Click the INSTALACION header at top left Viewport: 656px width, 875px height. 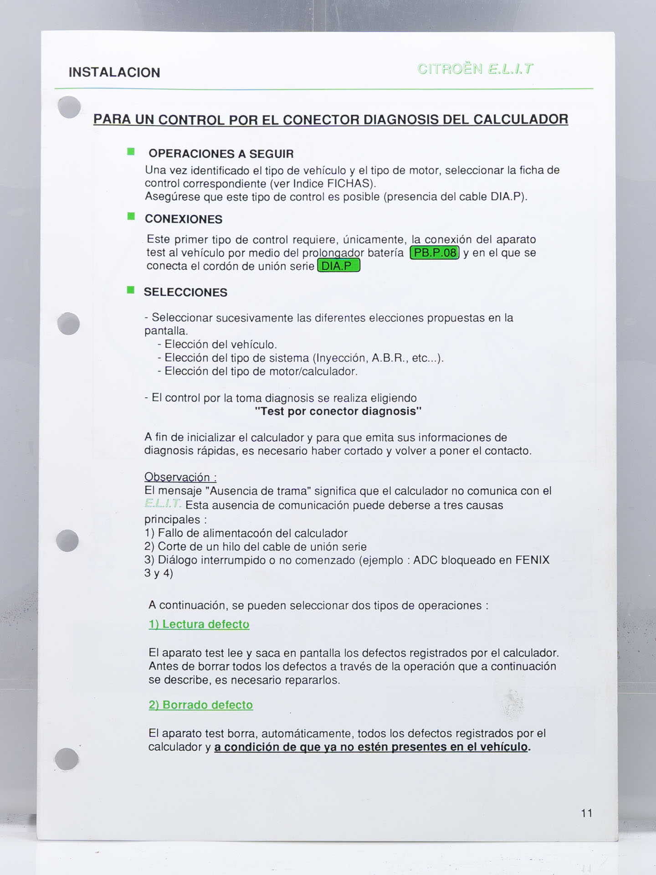pyautogui.click(x=114, y=72)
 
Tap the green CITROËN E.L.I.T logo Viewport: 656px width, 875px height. pyautogui.click(x=475, y=69)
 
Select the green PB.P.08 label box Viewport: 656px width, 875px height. pyautogui.click(x=435, y=252)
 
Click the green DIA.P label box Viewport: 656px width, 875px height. pyautogui.click(x=338, y=266)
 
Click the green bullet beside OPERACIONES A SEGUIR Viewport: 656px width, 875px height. pyautogui.click(x=131, y=152)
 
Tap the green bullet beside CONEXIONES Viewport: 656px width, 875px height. pyautogui.click(x=131, y=216)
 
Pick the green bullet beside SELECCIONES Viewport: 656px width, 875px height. pyautogui.click(x=131, y=290)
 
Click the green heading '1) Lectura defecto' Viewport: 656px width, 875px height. pyautogui.click(x=199, y=624)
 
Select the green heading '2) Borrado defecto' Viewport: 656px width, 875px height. pyautogui.click(x=201, y=705)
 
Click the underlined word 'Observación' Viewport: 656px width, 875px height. pyautogui.click(x=177, y=477)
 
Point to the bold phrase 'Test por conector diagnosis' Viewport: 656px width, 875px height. pyautogui.click(x=338, y=411)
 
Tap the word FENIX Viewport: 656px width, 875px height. pyautogui.click(x=533, y=560)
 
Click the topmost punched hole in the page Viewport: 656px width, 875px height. pyautogui.click(x=70, y=108)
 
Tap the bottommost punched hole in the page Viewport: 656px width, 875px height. pyautogui.click(x=67, y=759)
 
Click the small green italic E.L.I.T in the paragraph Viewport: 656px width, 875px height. pyautogui.click(x=163, y=504)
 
